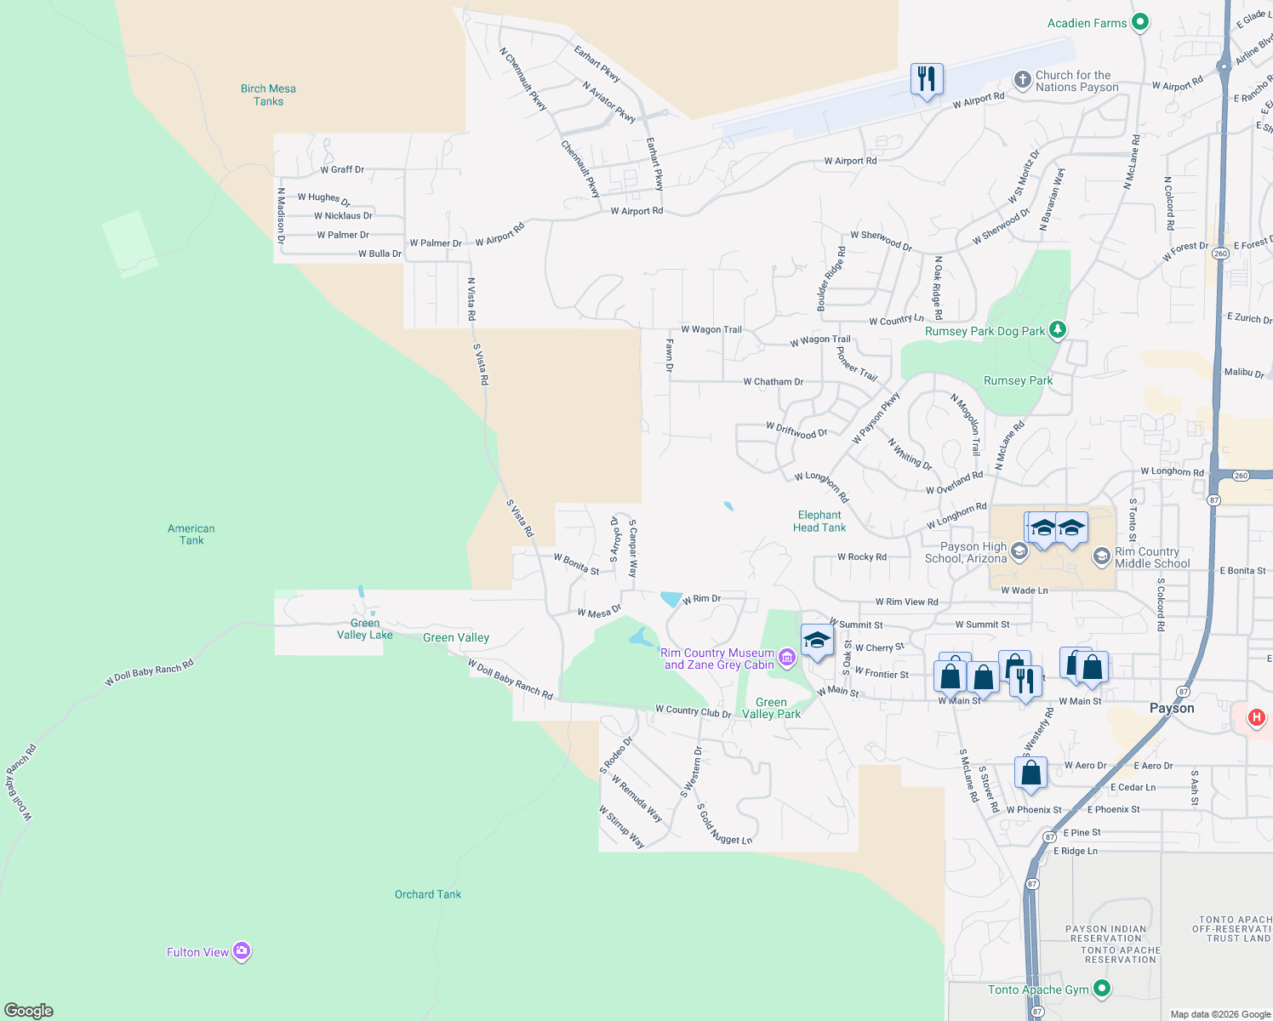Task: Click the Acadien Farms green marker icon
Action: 1140,23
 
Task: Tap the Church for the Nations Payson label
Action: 1076,81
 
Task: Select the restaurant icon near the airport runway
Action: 926,79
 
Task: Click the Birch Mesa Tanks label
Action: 268,94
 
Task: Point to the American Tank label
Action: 191,534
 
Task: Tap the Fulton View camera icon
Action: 242,951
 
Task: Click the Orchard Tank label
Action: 427,894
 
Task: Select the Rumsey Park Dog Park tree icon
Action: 1057,329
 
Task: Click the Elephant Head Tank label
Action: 819,521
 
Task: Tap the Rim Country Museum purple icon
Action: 787,657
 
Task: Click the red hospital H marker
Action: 1256,717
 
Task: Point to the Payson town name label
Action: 1172,708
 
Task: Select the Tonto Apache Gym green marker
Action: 1102,988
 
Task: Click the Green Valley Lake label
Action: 364,629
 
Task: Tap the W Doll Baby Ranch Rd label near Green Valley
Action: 510,678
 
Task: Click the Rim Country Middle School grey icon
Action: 1102,556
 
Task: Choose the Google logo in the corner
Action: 29,1010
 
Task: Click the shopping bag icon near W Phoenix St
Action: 1030,773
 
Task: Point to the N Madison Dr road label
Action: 281,216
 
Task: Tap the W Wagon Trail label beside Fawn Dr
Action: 711,329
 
